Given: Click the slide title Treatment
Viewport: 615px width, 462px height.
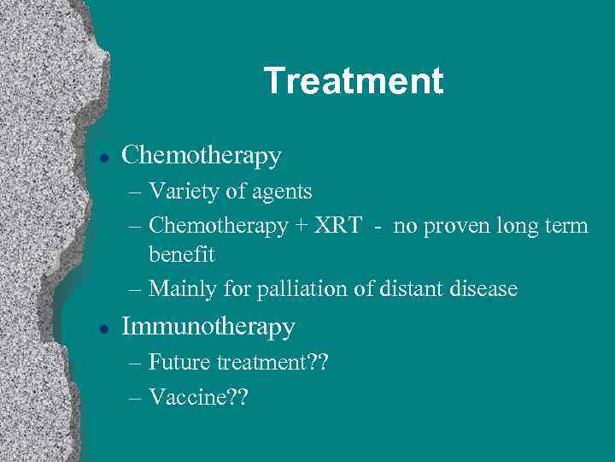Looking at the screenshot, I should (x=354, y=81).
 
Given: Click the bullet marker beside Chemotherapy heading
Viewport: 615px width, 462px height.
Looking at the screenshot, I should (x=102, y=157).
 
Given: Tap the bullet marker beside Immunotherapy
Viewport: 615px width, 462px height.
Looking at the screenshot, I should (x=102, y=328).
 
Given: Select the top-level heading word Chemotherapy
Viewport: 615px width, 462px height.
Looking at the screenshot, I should (x=202, y=156).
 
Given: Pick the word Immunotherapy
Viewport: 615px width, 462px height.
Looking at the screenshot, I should (x=208, y=327).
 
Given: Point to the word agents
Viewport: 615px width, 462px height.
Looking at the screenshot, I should (x=282, y=192).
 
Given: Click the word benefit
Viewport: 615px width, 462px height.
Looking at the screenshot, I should (x=181, y=255).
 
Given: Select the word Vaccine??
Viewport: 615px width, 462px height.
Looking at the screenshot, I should (x=197, y=397).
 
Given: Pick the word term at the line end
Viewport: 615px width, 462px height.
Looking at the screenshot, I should (x=567, y=227).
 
